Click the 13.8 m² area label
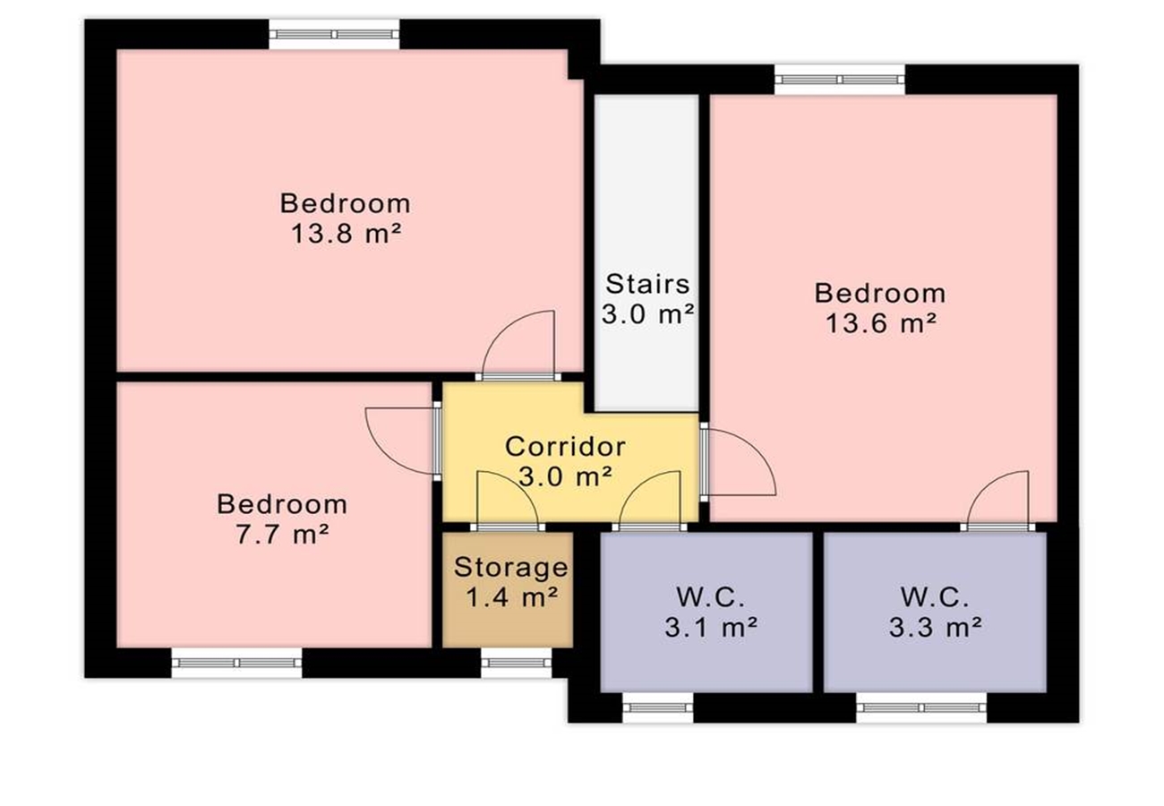click(x=347, y=234)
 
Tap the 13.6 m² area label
click(x=881, y=324)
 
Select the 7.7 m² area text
click(x=282, y=535)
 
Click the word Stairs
click(x=647, y=284)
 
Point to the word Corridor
click(x=565, y=447)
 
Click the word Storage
click(x=510, y=568)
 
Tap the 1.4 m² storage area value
click(x=512, y=597)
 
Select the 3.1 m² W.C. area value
click(x=711, y=628)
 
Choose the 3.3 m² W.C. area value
click(x=935, y=628)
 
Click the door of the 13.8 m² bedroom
click(x=518, y=346)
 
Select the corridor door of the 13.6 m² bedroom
click(x=738, y=462)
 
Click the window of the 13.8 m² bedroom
click(x=334, y=34)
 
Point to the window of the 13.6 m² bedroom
click(x=840, y=80)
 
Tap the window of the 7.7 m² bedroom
click(x=236, y=663)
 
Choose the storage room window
click(x=516, y=663)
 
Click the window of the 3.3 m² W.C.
click(x=921, y=707)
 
